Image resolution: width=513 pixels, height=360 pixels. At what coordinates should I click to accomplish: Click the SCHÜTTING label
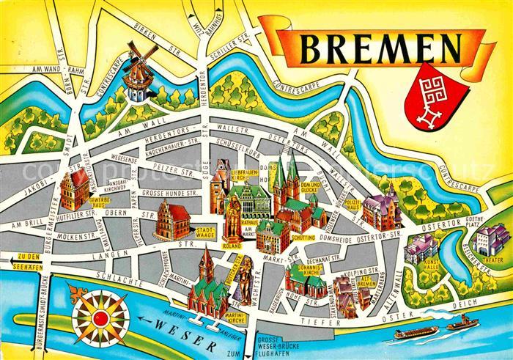[x=302, y=238]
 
